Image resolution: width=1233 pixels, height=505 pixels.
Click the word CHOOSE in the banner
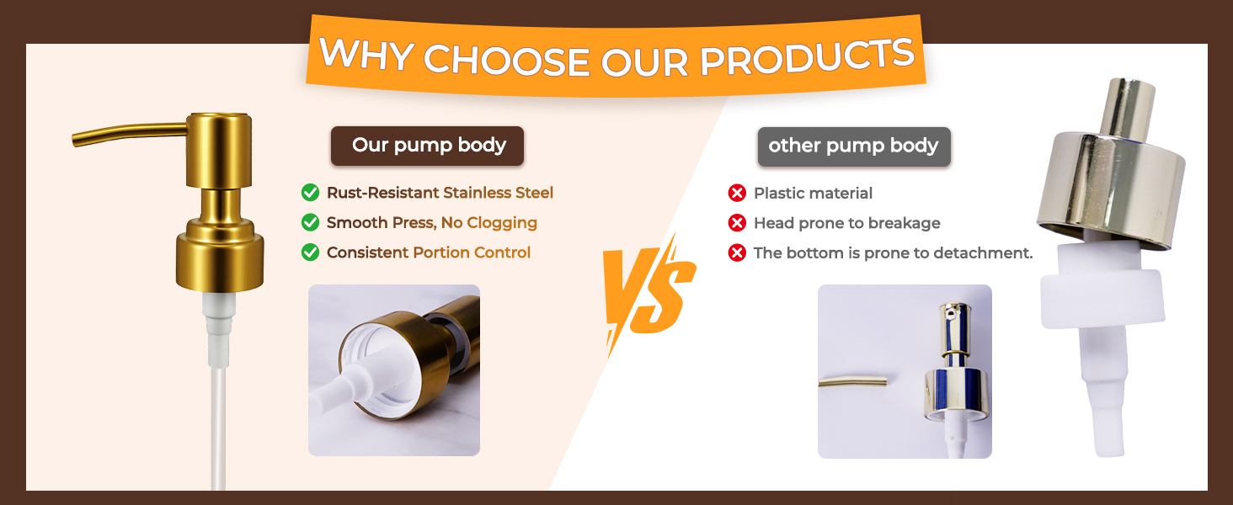point(506,60)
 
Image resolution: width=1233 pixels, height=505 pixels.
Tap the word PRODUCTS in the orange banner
point(807,56)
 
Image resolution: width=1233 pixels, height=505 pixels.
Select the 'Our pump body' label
point(427,146)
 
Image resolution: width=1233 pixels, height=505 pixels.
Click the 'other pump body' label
point(854,146)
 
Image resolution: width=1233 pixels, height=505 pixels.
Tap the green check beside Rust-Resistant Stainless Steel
point(311,193)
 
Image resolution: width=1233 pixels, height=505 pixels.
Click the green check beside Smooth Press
point(311,222)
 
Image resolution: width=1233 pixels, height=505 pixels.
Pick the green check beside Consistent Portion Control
point(311,252)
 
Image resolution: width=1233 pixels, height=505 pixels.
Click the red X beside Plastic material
point(737,193)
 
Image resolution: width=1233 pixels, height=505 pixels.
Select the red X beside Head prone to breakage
point(737,223)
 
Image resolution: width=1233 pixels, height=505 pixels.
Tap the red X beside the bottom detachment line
point(737,252)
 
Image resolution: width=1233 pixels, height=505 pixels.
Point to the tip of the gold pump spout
point(74,141)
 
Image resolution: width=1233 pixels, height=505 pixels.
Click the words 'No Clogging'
point(488,223)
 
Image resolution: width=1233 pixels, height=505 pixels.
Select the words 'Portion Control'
point(472,252)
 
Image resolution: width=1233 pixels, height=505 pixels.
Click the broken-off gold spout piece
point(852,381)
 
